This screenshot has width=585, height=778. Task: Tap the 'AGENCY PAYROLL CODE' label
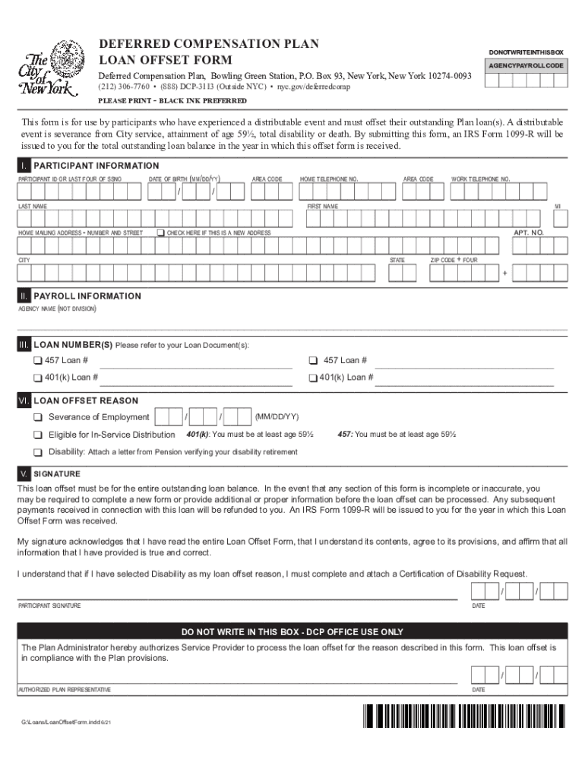coord(525,66)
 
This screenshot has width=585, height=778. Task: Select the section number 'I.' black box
coord(25,166)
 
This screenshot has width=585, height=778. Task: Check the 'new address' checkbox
coord(161,232)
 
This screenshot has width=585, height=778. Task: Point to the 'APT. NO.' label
coord(528,232)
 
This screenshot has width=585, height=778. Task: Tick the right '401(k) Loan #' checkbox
coord(312,378)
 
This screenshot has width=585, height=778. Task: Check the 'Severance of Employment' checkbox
coord(37,417)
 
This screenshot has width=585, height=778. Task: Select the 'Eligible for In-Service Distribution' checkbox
coord(37,435)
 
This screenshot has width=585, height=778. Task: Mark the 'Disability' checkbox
coord(37,452)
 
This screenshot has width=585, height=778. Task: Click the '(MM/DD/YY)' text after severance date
coord(277,417)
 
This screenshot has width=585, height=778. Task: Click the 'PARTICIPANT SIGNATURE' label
coord(49,606)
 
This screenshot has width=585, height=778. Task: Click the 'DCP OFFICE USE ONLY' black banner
coord(292,631)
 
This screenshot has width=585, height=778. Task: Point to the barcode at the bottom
coord(465,716)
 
